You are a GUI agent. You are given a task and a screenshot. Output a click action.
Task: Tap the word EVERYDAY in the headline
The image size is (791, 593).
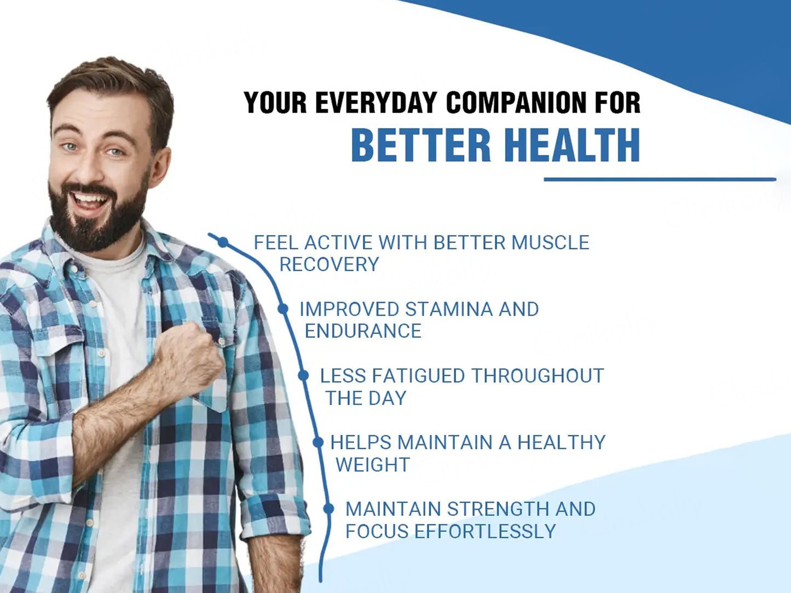pos(376,103)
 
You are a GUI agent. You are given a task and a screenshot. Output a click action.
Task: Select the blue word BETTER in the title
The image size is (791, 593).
pos(420,145)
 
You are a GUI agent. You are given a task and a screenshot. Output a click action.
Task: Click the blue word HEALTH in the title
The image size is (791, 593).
pos(572,145)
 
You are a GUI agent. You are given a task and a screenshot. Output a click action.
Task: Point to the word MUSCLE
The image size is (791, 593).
pos(550,242)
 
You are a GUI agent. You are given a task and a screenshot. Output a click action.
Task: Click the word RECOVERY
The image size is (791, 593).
pos(330,265)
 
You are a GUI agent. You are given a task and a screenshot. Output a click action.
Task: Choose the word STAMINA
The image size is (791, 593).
pos(449,309)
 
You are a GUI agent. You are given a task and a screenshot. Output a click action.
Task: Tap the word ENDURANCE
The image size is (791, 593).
pos(363,332)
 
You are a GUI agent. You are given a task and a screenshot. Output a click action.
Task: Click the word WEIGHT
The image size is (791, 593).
pos(373,465)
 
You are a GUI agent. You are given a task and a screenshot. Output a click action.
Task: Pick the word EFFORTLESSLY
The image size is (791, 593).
pos(486,531)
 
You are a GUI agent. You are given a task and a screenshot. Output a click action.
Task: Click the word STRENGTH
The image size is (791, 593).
pos(498,509)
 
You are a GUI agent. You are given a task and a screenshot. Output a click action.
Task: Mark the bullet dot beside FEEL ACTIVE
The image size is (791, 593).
pos(223,242)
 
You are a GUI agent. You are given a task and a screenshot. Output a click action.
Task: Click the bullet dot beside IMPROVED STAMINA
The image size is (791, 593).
pos(283,309)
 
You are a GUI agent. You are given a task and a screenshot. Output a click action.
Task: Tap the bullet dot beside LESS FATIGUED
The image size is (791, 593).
pos(303,375)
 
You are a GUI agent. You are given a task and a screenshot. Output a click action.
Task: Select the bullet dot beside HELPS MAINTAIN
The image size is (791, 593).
pos(318,442)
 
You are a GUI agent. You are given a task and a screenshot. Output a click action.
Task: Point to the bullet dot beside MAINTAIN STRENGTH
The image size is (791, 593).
pos(328,509)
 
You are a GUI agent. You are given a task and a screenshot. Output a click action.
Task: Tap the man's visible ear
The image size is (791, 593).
pos(160,166)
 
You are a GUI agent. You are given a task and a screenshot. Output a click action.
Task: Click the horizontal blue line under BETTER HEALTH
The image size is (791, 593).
pos(660,179)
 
